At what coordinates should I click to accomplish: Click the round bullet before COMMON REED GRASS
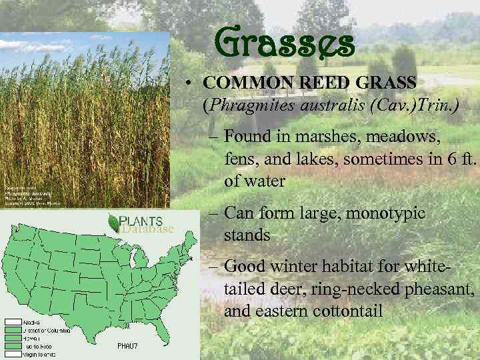(191, 84)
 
